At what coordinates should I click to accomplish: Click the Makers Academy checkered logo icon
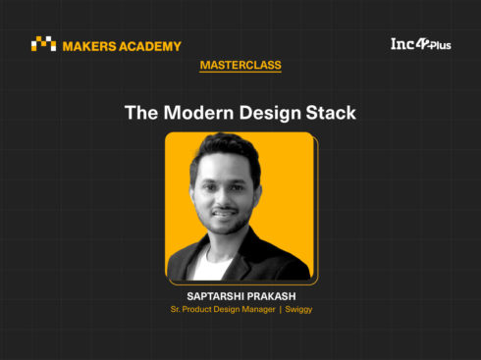(x=43, y=43)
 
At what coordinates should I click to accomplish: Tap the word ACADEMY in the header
(x=150, y=46)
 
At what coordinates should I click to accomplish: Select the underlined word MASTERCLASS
(x=240, y=65)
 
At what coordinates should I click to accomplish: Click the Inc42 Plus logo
(x=421, y=44)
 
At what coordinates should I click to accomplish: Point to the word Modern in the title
(x=198, y=113)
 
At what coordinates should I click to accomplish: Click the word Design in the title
(x=270, y=114)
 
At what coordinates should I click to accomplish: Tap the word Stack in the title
(x=331, y=113)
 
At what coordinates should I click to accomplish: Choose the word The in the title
(x=141, y=113)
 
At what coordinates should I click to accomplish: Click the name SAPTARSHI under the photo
(x=213, y=296)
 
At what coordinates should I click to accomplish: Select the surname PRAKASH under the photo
(x=269, y=296)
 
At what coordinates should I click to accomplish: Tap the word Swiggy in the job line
(x=298, y=310)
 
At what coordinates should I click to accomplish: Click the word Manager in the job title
(x=258, y=309)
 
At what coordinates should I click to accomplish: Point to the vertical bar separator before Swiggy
(x=281, y=309)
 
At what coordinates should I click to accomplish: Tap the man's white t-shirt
(x=211, y=266)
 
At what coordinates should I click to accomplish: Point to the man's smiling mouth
(x=225, y=214)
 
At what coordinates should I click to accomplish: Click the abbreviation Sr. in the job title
(x=175, y=309)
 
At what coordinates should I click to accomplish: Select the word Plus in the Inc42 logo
(x=441, y=45)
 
